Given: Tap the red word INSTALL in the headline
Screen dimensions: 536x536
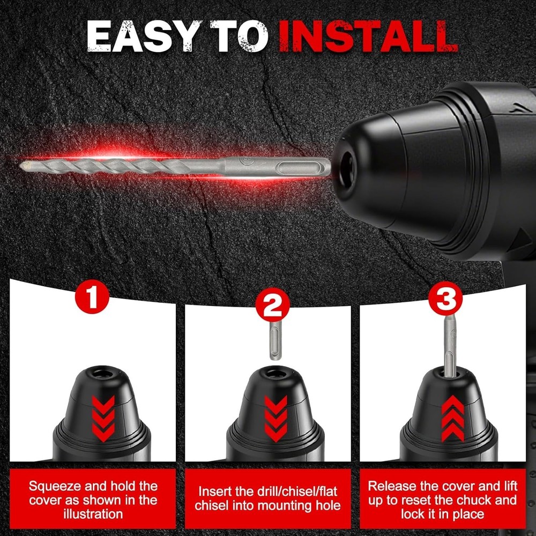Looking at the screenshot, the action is pyautogui.click(x=368, y=36).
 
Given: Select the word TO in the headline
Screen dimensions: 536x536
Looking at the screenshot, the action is pyautogui.click(x=239, y=36).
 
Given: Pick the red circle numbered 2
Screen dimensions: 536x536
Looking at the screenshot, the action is pyautogui.click(x=272, y=304).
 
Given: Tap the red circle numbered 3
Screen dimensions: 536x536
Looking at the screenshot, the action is pyautogui.click(x=445, y=299).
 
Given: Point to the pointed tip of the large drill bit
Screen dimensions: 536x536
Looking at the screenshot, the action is pyautogui.click(x=20, y=167).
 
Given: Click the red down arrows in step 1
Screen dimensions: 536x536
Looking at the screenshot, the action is pyautogui.click(x=103, y=418).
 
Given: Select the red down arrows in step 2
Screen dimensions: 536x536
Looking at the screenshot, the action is pyautogui.click(x=276, y=418).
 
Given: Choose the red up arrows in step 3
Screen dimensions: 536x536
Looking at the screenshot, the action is pyautogui.click(x=453, y=418).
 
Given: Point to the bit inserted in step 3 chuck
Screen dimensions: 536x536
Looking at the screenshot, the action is pyautogui.click(x=450, y=346).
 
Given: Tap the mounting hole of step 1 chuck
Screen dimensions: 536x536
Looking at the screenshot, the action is pyautogui.click(x=102, y=373).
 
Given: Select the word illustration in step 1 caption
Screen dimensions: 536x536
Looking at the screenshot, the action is pyautogui.click(x=93, y=514).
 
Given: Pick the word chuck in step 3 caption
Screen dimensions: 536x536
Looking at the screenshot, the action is pyautogui.click(x=474, y=500).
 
